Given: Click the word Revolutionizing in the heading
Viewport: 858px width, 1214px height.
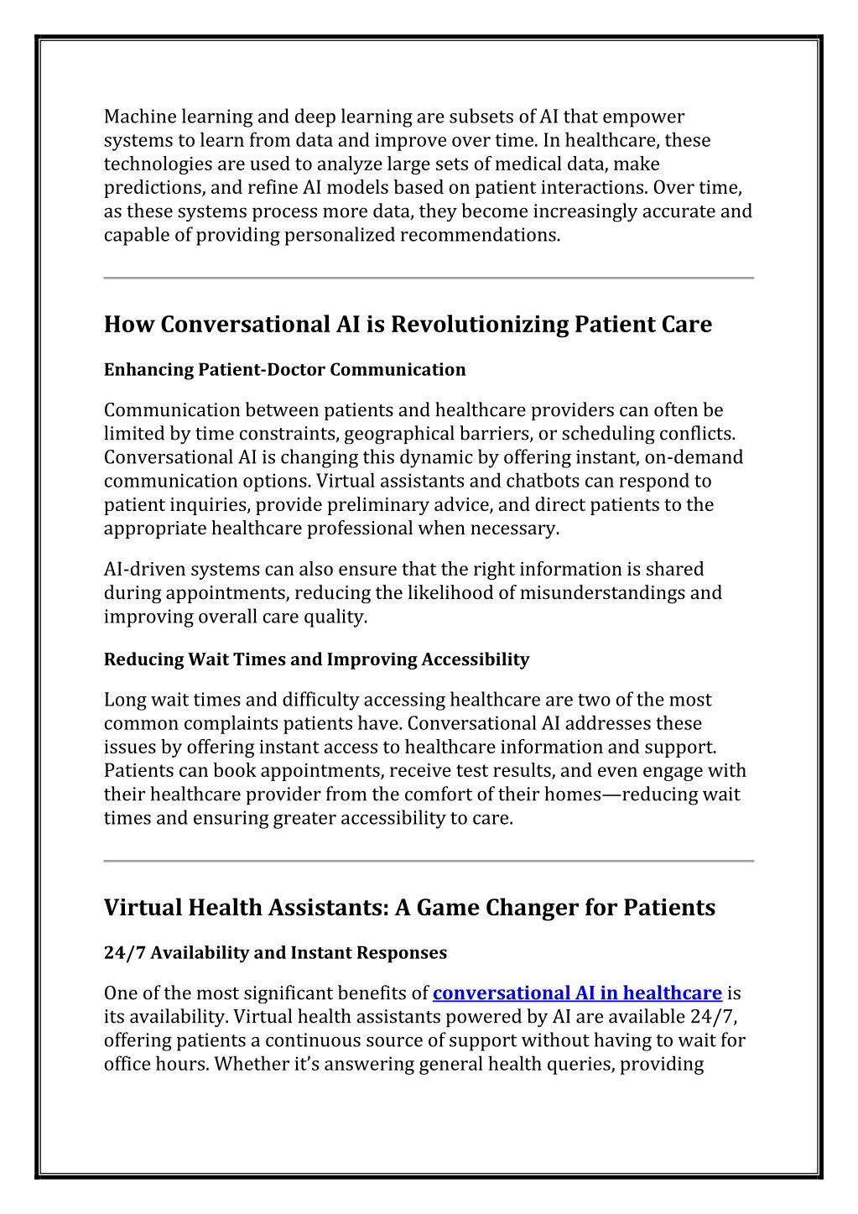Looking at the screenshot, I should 479,325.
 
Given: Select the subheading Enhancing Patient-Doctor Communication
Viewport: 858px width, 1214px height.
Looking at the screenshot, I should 284,370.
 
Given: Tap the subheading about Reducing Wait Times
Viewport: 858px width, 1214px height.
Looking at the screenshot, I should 316,659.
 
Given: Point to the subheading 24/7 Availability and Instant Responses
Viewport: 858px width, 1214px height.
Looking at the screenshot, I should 275,953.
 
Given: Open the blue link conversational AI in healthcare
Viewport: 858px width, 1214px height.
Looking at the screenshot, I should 577,993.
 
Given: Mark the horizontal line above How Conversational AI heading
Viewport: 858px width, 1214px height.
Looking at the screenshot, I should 429,278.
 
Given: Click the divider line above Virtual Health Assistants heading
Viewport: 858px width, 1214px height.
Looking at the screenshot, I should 429,861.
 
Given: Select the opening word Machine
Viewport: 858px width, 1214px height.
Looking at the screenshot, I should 135,117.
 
